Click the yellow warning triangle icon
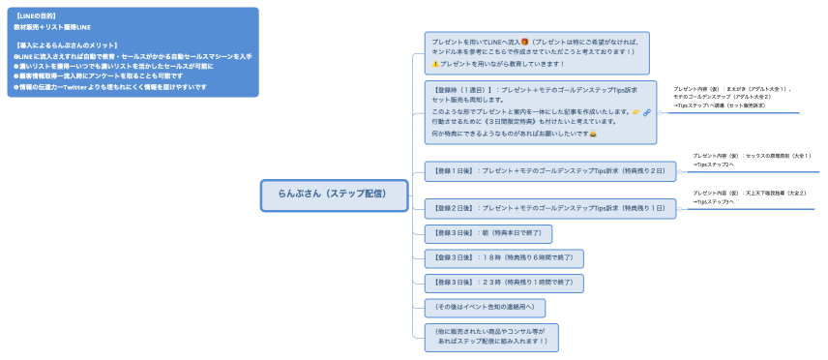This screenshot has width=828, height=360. tap(435, 63)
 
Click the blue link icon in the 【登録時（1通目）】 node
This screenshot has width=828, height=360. tap(647, 112)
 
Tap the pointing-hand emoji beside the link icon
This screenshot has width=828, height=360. tap(636, 112)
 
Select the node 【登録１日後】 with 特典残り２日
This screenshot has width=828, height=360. tap(549, 171)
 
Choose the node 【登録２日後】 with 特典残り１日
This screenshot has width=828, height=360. tap(549, 207)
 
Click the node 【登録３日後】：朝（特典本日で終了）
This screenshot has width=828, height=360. tap(488, 233)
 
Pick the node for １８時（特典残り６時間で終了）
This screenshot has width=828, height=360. tap(503, 258)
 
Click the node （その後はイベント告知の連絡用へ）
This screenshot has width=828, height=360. tap(485, 308)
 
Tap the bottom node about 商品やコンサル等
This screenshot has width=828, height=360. tap(491, 336)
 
